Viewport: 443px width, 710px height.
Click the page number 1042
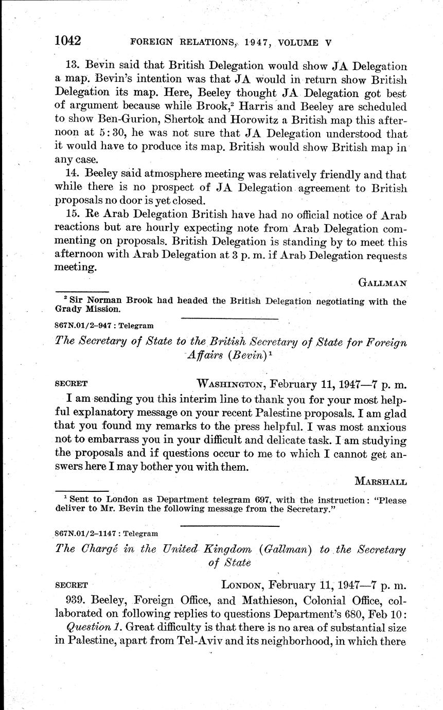click(69, 39)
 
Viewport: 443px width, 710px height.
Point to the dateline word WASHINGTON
click(230, 383)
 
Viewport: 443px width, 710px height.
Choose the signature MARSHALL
click(380, 482)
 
